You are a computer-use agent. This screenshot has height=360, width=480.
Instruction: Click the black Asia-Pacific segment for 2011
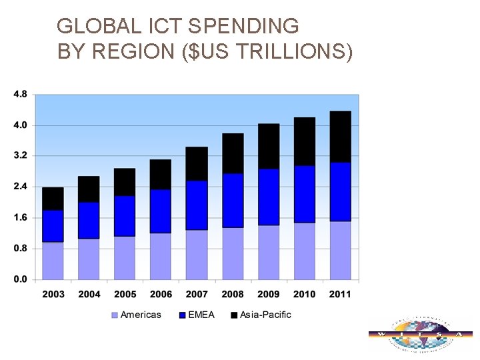coord(341,137)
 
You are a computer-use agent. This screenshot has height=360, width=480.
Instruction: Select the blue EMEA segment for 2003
coord(53,226)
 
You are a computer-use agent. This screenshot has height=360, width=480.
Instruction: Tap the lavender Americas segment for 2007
coord(197,255)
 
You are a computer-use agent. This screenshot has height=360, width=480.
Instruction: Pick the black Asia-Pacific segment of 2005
coord(125,182)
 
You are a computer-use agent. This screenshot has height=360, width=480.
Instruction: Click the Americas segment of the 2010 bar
coord(305,251)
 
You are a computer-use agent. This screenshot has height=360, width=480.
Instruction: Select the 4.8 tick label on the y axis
coord(20,94)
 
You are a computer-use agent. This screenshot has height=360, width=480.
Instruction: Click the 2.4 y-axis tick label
coord(20,187)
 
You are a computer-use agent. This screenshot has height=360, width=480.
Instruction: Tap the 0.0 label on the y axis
coord(20,279)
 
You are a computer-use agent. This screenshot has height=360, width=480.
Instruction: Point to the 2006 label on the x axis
coord(161,294)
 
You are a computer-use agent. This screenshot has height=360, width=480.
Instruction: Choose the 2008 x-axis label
coord(233,294)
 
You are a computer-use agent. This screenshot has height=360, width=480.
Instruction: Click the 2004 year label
coord(89,294)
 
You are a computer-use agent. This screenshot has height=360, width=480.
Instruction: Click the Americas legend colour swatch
coord(114,315)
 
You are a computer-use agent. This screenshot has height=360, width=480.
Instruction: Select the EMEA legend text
coord(201,315)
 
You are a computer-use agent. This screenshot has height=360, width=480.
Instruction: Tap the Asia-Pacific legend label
coord(265,315)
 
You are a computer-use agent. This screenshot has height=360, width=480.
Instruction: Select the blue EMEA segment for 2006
coord(161,211)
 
